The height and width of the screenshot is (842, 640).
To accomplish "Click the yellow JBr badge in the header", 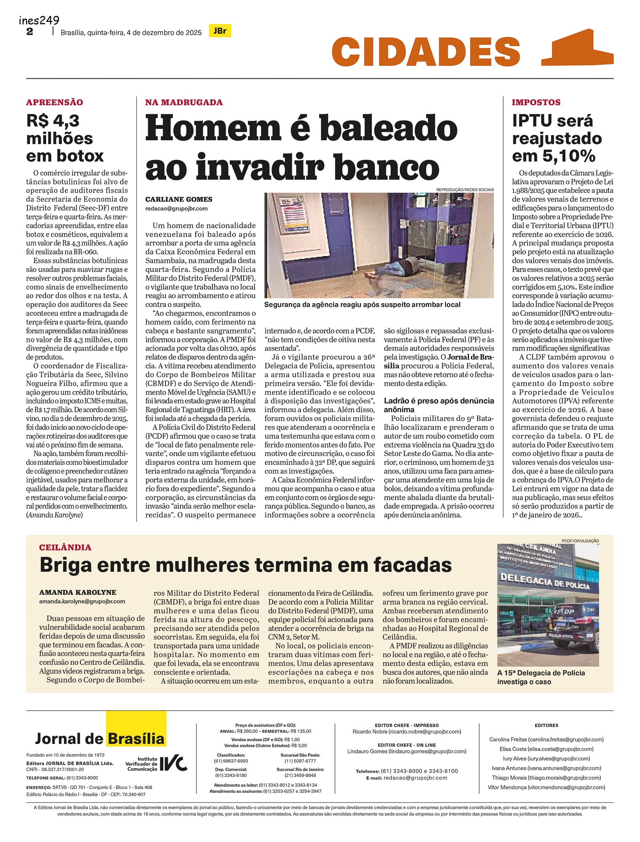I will click(x=220, y=31).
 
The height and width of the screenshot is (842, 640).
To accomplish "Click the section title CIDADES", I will click(x=426, y=52).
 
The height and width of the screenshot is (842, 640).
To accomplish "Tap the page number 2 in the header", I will click(x=29, y=32).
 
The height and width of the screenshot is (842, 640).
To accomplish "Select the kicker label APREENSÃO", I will click(x=54, y=102).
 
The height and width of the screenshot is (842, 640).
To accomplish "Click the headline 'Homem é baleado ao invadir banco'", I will click(x=300, y=147).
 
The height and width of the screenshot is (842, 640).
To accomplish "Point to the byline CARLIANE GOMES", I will click(x=179, y=200).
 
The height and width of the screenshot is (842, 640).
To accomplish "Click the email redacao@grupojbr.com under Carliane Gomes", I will click(x=176, y=208).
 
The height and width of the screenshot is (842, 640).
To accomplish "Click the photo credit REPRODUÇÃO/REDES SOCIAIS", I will click(x=465, y=190).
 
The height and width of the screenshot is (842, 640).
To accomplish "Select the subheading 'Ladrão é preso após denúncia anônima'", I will click(x=438, y=405).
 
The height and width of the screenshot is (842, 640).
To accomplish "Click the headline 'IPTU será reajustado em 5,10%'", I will click(x=557, y=138).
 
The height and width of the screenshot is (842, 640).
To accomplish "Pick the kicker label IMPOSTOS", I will click(x=536, y=102).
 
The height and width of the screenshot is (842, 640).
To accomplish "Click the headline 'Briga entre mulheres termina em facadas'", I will click(x=245, y=565).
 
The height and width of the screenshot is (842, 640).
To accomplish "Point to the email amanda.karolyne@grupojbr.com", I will click(x=82, y=601).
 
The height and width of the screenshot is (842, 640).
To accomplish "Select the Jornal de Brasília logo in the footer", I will click(x=100, y=738).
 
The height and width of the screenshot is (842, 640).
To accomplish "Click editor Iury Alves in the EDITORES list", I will click(x=546, y=758).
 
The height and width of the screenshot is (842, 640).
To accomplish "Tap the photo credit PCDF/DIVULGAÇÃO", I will click(x=580, y=541).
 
